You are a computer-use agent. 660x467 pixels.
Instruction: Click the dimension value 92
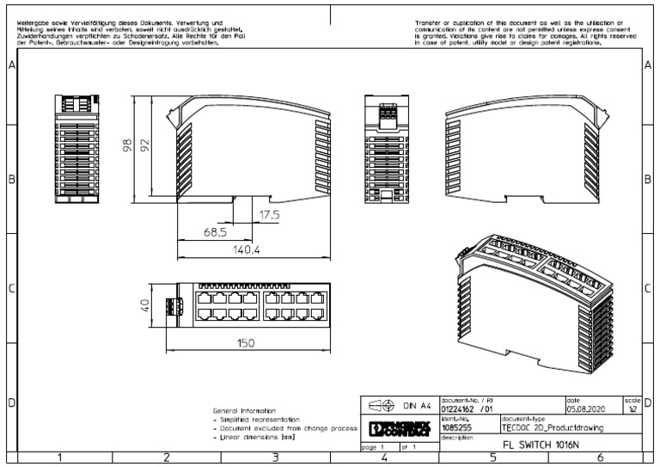tap(146, 143)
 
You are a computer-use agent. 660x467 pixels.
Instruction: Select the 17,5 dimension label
tap(270, 215)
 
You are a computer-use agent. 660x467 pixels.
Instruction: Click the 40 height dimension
tap(145, 305)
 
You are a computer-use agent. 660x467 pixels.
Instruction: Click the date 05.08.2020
tap(585, 410)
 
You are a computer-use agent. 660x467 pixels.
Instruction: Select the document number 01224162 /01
tap(467, 410)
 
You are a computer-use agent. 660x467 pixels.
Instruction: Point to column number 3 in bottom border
tap(274, 458)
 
